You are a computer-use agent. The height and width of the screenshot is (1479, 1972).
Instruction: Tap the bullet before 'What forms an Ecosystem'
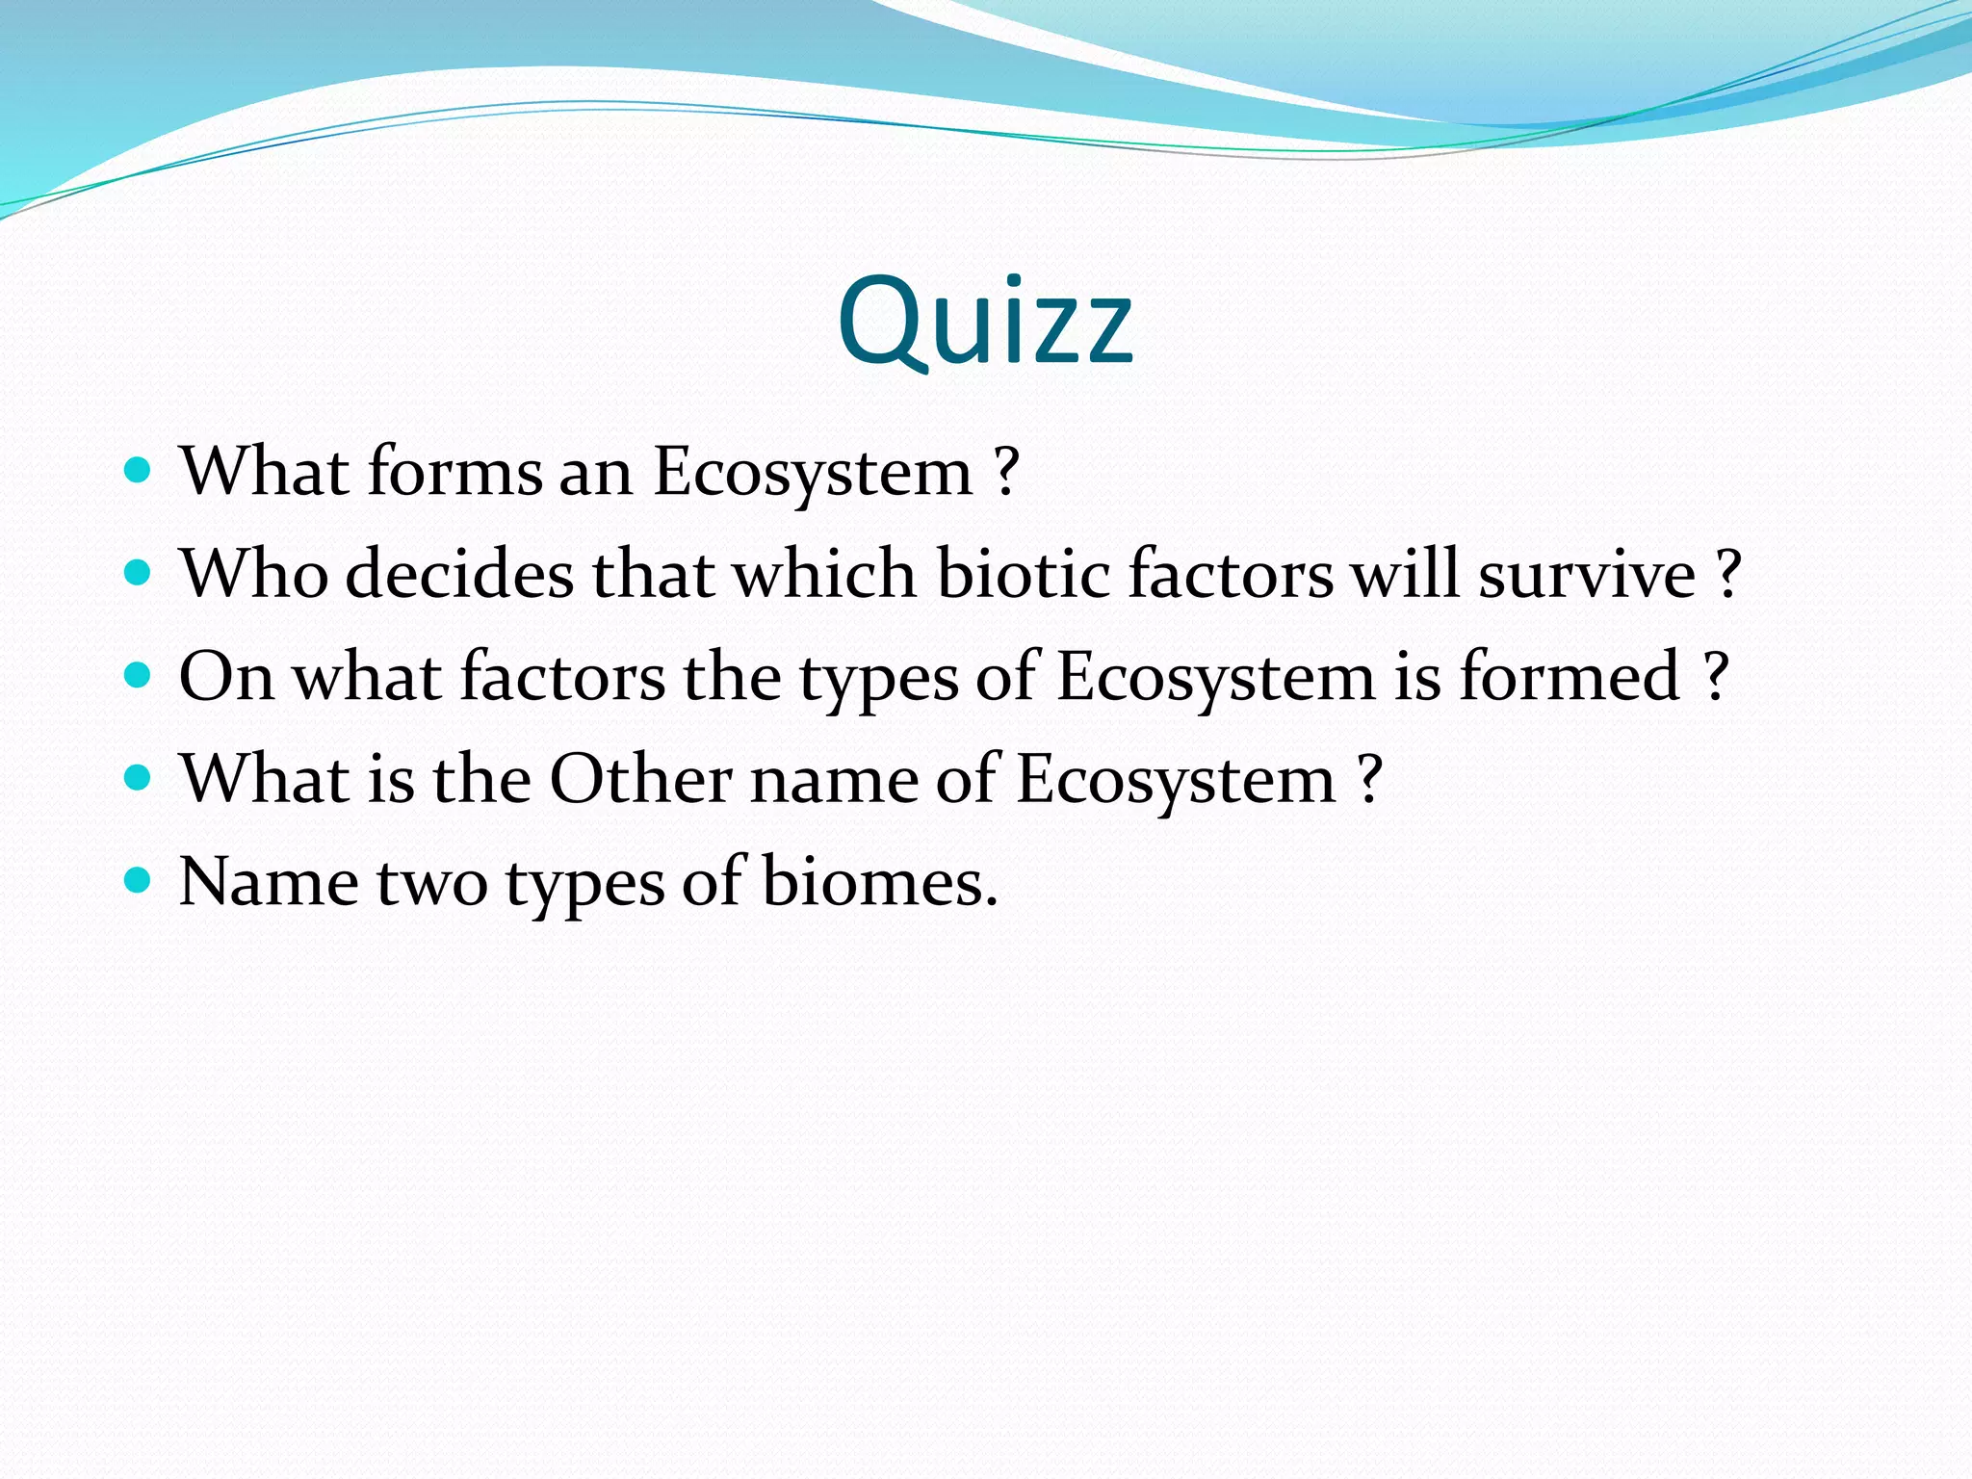click(x=139, y=471)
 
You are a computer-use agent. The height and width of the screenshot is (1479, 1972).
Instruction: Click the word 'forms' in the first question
click(x=454, y=472)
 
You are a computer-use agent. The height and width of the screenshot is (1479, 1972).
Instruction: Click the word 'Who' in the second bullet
click(x=253, y=574)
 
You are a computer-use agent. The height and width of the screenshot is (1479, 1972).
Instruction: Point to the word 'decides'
click(x=459, y=574)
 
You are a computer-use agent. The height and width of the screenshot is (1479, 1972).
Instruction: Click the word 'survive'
click(x=1586, y=574)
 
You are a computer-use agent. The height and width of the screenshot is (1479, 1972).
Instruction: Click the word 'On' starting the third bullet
click(x=226, y=676)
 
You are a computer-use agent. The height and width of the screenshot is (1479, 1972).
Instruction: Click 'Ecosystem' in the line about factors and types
click(x=1216, y=678)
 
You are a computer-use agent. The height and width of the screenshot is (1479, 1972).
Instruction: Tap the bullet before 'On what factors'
click(x=139, y=675)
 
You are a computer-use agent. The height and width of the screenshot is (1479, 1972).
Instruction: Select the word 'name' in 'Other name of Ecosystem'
click(x=833, y=780)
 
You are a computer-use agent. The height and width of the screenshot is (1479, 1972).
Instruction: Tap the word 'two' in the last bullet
click(x=431, y=883)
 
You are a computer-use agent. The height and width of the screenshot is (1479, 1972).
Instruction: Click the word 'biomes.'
click(x=879, y=881)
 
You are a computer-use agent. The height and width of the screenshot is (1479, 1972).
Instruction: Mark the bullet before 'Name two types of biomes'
click(x=139, y=880)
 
